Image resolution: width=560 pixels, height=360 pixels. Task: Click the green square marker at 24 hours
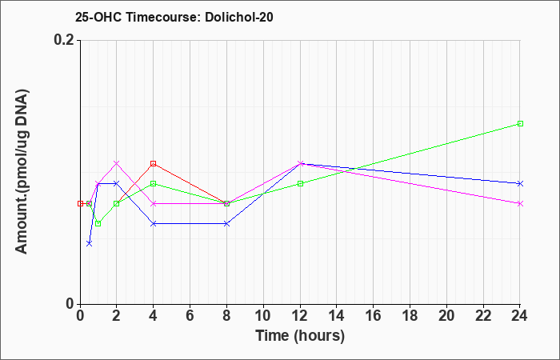(x=520, y=123)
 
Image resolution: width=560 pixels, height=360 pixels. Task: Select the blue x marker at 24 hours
(x=520, y=183)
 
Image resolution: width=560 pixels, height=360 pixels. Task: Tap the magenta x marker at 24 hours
(x=520, y=203)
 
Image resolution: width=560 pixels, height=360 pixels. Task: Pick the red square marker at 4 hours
(x=154, y=163)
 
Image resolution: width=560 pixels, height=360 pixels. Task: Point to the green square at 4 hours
(x=154, y=183)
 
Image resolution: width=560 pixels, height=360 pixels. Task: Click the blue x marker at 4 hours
(x=154, y=223)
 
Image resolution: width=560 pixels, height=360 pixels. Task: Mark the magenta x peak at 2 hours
(x=117, y=163)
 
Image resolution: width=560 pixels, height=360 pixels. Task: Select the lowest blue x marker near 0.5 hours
(x=90, y=243)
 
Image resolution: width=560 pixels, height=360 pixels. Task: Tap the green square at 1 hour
(x=98, y=223)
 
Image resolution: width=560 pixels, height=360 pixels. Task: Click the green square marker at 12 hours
(x=300, y=183)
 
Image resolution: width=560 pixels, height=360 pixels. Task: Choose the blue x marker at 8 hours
(x=226, y=223)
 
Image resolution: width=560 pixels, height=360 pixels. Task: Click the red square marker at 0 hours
(x=80, y=203)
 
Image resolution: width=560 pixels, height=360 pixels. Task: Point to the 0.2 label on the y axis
(x=64, y=40)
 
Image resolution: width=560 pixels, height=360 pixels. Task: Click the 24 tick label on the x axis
(x=520, y=316)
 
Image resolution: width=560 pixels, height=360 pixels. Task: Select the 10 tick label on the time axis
(x=263, y=316)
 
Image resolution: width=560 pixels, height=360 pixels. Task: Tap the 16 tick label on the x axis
(x=374, y=316)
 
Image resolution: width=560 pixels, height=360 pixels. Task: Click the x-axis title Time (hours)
(x=300, y=336)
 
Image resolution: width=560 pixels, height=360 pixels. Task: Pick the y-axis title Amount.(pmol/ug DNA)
(x=22, y=172)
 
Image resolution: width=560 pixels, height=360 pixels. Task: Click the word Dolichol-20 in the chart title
(x=239, y=17)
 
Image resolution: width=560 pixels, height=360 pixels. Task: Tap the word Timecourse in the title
(x=163, y=17)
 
